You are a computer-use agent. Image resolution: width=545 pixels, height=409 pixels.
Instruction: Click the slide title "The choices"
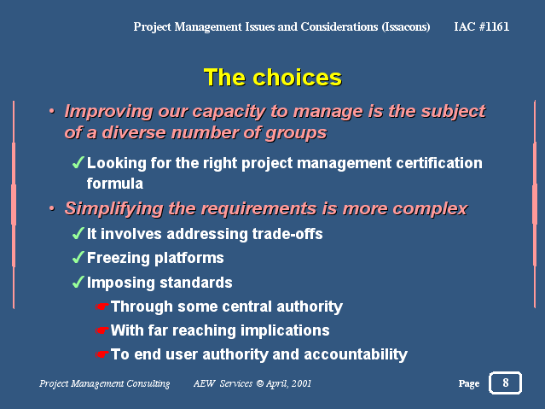tap(273, 77)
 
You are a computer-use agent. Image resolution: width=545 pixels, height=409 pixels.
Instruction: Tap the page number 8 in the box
tap(506, 383)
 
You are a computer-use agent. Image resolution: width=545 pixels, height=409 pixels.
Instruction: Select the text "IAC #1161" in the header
tap(481, 26)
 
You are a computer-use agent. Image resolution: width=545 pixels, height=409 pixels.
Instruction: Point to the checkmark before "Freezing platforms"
tap(78, 257)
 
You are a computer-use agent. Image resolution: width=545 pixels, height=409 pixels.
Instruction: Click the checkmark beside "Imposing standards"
tap(78, 282)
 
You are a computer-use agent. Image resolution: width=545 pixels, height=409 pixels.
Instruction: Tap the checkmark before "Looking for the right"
tap(78, 162)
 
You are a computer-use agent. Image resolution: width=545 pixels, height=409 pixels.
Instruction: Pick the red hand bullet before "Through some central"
tap(101, 307)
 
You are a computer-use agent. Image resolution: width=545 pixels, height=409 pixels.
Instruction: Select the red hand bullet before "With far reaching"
tap(101, 330)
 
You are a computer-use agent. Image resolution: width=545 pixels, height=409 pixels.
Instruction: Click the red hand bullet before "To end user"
tap(101, 354)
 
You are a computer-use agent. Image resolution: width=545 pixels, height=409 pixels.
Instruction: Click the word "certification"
tap(439, 163)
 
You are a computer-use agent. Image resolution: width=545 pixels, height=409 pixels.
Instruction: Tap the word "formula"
tap(114, 184)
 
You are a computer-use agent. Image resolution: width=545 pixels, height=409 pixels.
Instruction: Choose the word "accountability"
tap(355, 354)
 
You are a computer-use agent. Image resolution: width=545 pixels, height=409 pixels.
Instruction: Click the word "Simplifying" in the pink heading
tap(114, 209)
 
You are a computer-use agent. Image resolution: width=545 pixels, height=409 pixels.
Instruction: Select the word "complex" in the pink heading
tap(430, 209)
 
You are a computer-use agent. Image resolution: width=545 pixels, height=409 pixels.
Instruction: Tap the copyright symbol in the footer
tap(259, 383)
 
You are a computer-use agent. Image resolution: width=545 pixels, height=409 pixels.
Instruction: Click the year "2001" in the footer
tap(301, 383)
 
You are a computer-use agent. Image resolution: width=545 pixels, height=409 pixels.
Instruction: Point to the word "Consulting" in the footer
tap(148, 383)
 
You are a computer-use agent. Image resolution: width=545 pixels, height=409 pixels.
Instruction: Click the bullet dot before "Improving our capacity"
tap(52, 111)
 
